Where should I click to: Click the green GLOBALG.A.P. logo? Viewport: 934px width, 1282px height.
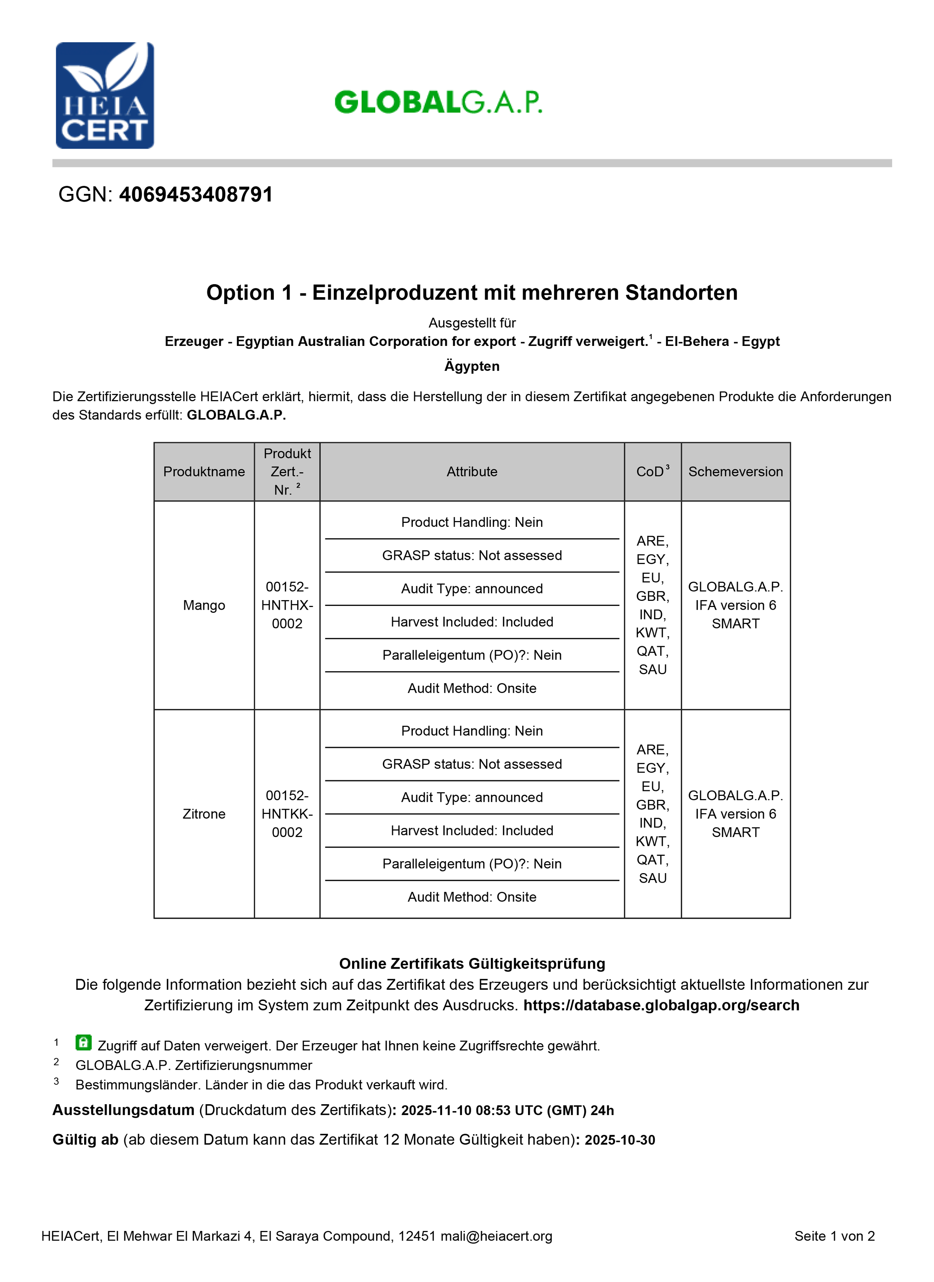tap(438, 102)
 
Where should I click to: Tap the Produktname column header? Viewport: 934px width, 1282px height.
tap(204, 471)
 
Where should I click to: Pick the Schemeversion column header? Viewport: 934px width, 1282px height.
tap(735, 471)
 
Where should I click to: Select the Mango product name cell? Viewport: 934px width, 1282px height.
tap(204, 605)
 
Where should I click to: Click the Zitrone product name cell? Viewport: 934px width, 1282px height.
tap(204, 814)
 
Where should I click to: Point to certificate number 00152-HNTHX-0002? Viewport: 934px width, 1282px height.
tap(287, 605)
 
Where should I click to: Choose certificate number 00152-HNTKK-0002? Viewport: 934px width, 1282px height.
tap(287, 814)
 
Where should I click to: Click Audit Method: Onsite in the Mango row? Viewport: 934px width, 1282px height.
tap(472, 688)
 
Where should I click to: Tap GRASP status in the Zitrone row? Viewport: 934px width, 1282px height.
tap(472, 764)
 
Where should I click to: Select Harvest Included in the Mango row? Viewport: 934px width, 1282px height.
tap(472, 622)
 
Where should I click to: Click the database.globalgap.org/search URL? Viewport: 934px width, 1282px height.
tap(661, 1005)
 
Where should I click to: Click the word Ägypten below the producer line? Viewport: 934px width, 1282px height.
tap(472, 366)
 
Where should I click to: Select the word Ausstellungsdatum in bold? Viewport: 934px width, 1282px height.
tap(123, 1110)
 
